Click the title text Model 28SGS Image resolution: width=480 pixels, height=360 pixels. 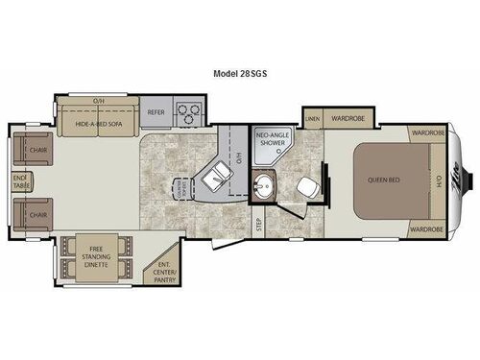pyautogui.click(x=239, y=72)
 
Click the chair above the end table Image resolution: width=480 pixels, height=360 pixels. pyautogui.click(x=37, y=151)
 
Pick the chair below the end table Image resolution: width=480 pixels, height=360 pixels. pyautogui.click(x=37, y=214)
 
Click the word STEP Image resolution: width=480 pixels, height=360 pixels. pyautogui.click(x=257, y=226)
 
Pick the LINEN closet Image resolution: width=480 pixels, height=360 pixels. pyautogui.click(x=312, y=119)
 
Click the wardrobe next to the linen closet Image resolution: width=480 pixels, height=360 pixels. pyautogui.click(x=347, y=119)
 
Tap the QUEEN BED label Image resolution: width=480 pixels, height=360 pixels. pyautogui.click(x=382, y=180)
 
